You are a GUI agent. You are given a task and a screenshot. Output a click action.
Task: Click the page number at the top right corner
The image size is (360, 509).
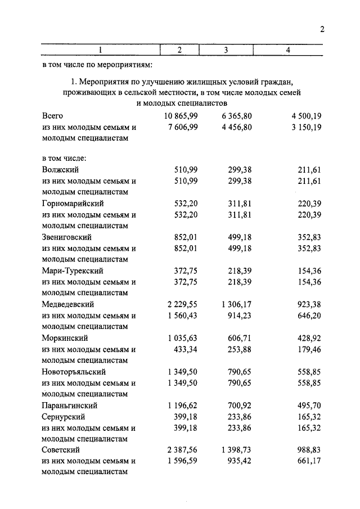(322, 30)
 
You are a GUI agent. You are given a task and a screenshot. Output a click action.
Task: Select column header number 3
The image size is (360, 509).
(226, 50)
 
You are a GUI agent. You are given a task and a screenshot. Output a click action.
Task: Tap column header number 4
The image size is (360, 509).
(287, 50)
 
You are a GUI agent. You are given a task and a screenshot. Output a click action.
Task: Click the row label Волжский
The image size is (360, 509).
(60, 169)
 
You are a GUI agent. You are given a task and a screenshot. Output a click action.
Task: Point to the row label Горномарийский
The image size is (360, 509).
(73, 203)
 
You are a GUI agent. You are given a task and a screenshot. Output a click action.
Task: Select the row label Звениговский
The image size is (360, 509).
(66, 237)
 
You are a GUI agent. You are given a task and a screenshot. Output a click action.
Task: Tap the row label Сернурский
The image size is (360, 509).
(63, 416)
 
